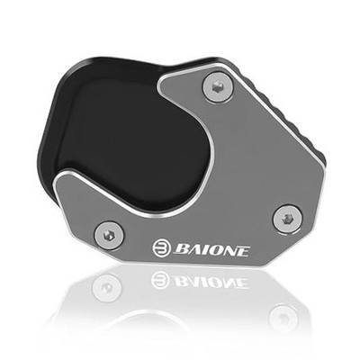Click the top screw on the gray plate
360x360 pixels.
click(x=218, y=87)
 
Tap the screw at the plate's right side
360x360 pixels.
click(x=288, y=219)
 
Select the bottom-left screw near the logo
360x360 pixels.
click(x=109, y=236)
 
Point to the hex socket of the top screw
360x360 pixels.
click(x=217, y=87)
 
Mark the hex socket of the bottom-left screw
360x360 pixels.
click(x=109, y=236)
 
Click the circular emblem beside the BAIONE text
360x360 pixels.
click(x=161, y=248)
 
